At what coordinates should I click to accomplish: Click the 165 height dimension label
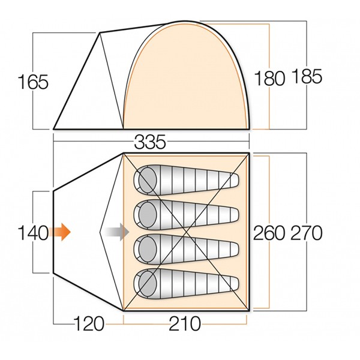[33, 82]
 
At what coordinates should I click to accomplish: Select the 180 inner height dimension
[270, 78]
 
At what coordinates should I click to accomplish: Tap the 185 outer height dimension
[307, 76]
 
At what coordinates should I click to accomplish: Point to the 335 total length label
[149, 142]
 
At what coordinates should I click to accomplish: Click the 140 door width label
[33, 233]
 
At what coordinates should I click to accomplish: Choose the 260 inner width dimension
[269, 233]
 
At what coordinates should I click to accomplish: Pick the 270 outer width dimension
[307, 233]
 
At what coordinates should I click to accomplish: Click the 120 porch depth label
[89, 323]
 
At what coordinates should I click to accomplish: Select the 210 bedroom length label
[185, 323]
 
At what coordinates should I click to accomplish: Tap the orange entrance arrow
[59, 232]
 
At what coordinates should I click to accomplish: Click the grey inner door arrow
[117, 232]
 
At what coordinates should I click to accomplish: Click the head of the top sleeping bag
[148, 180]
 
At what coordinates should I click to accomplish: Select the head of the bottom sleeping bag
[148, 284]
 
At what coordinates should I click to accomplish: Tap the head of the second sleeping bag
[148, 215]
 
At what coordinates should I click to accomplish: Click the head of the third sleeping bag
[148, 250]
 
